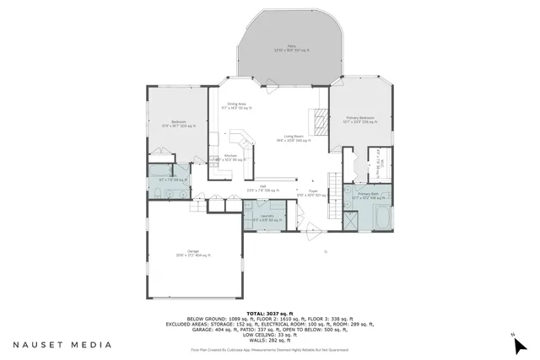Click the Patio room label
pyautogui.click(x=290, y=49)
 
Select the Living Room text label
pyautogui.click(x=294, y=140)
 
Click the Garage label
pyautogui.click(x=192, y=252)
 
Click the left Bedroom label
pyautogui.click(x=178, y=123)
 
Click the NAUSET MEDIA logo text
pyautogui.click(x=61, y=344)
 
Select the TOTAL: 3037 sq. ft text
pyautogui.click(x=270, y=313)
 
